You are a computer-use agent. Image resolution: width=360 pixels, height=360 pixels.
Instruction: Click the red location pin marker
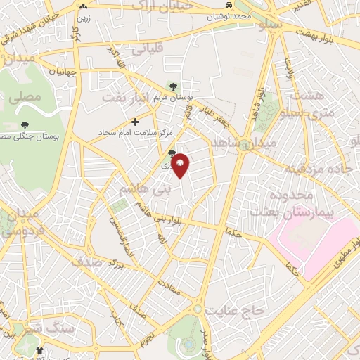(x=181, y=165)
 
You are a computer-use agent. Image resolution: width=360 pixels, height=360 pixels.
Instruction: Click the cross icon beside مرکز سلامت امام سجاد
(x=136, y=122)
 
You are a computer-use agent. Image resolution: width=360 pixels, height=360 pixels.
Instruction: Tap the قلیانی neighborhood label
(x=143, y=49)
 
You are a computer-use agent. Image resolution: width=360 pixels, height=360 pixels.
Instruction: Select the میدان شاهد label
(x=258, y=143)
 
